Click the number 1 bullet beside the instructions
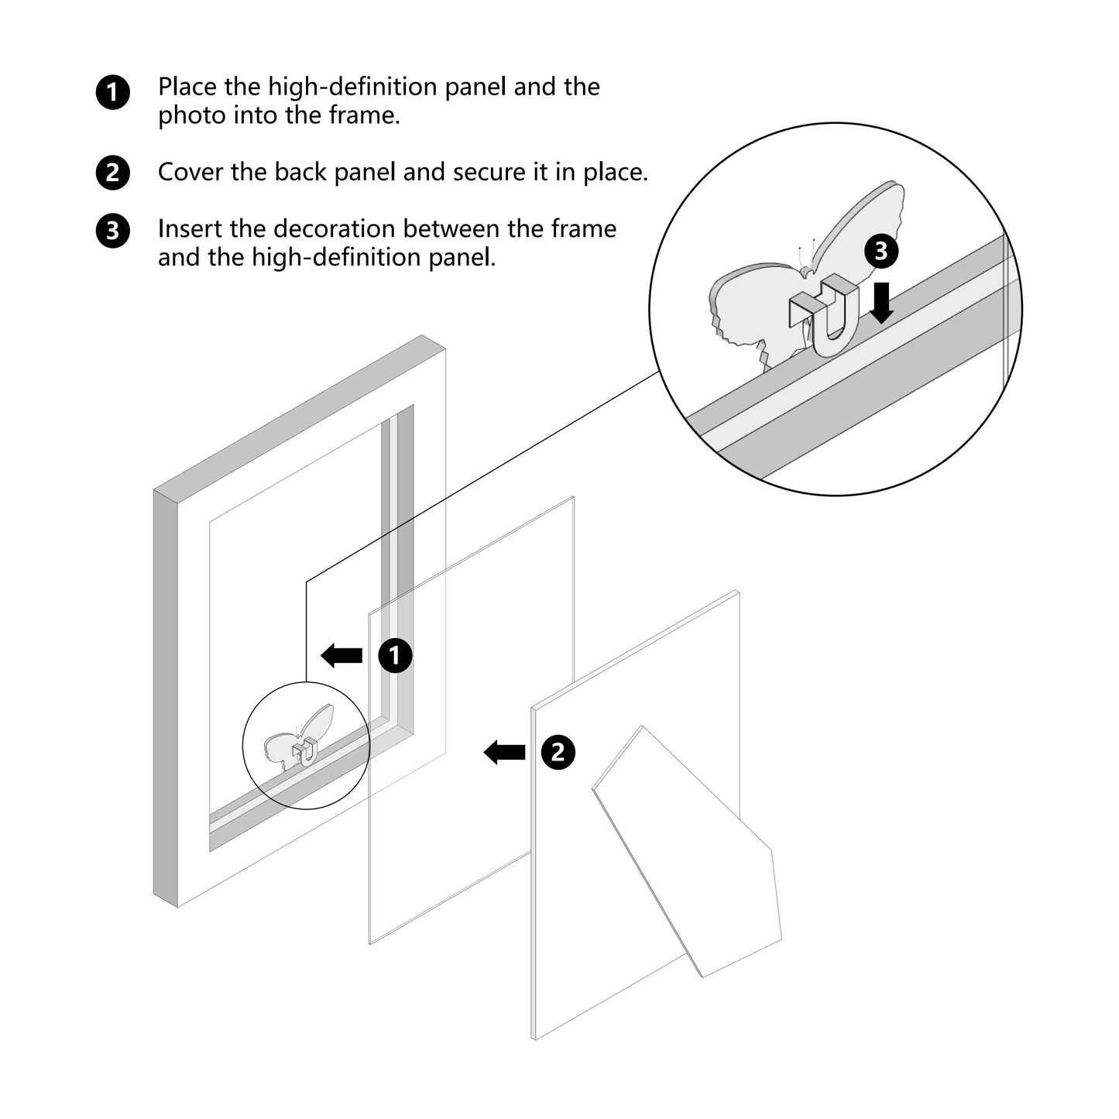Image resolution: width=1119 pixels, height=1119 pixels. tap(112, 92)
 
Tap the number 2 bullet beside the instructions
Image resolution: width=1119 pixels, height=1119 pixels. tap(112, 173)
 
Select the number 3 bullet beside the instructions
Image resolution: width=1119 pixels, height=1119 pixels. tap(112, 231)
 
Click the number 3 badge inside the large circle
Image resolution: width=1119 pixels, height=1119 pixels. tap(881, 251)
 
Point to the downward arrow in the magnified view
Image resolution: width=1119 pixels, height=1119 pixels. tap(881, 303)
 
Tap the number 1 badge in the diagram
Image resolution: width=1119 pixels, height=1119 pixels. tap(395, 656)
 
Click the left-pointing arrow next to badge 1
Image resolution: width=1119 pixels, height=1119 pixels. tap(342, 656)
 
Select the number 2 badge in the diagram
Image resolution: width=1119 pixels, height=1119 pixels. tap(558, 753)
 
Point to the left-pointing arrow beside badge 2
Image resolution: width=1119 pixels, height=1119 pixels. tap(505, 753)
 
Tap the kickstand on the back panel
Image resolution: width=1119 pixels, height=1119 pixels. tap(687, 851)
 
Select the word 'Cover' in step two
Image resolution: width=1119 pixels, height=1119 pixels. tap(191, 172)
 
